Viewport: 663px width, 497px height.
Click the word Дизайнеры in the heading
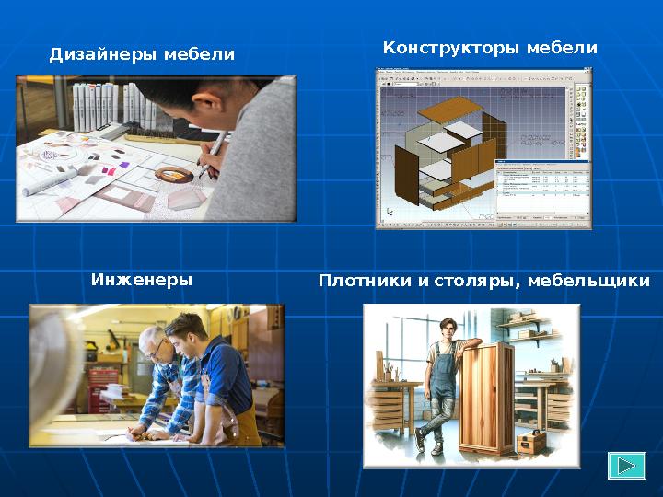(103, 55)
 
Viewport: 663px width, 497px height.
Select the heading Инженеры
(142, 279)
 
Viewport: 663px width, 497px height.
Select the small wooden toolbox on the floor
(532, 443)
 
